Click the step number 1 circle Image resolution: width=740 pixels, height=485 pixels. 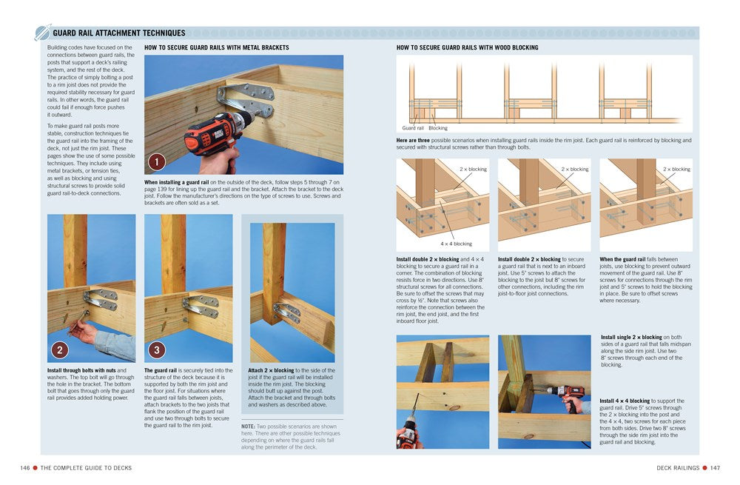[x=156, y=162]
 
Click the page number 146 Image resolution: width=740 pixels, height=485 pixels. [x=27, y=467]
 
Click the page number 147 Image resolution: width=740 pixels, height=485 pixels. [x=715, y=467]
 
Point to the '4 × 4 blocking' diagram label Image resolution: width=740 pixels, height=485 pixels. [x=456, y=244]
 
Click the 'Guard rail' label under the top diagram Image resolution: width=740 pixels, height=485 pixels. [x=413, y=128]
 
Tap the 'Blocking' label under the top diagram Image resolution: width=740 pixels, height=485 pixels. [x=438, y=128]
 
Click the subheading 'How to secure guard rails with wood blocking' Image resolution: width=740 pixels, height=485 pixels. [x=467, y=47]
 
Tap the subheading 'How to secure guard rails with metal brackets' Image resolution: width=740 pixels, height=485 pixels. [x=216, y=47]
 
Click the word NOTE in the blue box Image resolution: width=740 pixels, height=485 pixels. [x=249, y=426]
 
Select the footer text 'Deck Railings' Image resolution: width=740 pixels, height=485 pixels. [x=676, y=467]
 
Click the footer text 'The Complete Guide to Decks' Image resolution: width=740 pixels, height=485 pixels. [x=86, y=467]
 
